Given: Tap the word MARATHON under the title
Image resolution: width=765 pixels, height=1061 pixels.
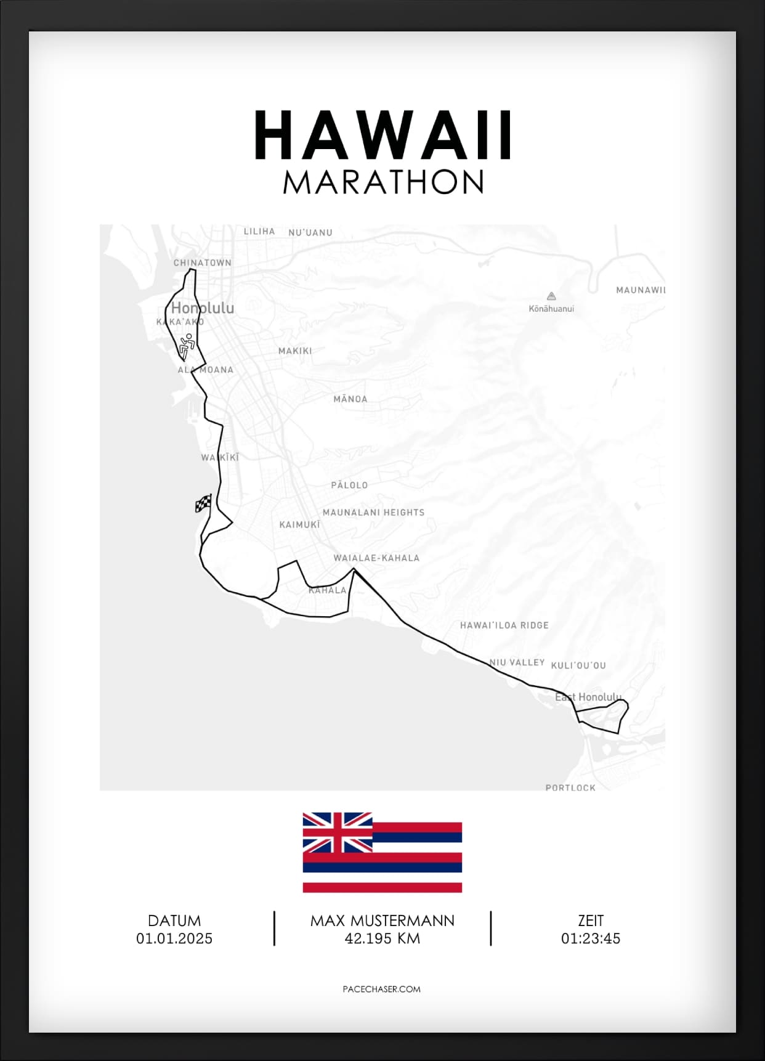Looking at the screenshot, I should pyautogui.click(x=383, y=182).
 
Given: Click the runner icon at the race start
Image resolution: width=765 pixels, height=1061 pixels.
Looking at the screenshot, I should pyautogui.click(x=187, y=346).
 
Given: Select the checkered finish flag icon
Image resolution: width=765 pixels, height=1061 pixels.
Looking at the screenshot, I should pyautogui.click(x=203, y=503).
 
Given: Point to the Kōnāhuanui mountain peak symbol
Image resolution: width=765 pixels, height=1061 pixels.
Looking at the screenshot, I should pyautogui.click(x=551, y=296).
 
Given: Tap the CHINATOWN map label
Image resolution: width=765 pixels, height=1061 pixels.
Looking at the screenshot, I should pyautogui.click(x=202, y=262).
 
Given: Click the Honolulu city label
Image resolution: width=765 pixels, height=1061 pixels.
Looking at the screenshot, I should pyautogui.click(x=203, y=307).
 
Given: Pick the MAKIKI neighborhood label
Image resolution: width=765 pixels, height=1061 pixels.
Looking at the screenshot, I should pyautogui.click(x=295, y=351).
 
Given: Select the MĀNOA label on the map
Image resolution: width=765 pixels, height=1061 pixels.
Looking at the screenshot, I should pyautogui.click(x=350, y=399).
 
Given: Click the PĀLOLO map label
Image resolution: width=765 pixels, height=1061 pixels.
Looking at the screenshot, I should pyautogui.click(x=349, y=485).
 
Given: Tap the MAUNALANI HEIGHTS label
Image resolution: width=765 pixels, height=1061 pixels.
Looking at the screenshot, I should pyautogui.click(x=373, y=512).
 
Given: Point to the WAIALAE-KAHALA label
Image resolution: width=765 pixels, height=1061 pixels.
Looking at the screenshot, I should pyautogui.click(x=376, y=558).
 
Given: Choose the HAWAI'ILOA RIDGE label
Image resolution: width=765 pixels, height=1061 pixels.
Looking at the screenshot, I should pyautogui.click(x=504, y=625).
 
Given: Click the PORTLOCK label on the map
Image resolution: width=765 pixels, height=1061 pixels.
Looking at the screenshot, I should pyautogui.click(x=570, y=787).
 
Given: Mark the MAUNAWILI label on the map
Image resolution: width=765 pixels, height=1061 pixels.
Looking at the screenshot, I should pyautogui.click(x=641, y=290).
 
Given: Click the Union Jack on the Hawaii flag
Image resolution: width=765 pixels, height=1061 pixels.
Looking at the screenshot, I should pyautogui.click(x=338, y=832).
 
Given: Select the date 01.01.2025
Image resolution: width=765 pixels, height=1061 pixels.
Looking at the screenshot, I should pyautogui.click(x=174, y=938).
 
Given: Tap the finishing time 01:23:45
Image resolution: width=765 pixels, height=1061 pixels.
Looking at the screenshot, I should pyautogui.click(x=590, y=938).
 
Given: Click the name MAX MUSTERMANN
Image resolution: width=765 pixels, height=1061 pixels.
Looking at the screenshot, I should pyautogui.click(x=382, y=921).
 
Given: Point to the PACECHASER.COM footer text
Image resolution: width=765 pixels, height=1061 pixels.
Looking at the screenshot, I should pyautogui.click(x=381, y=989).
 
